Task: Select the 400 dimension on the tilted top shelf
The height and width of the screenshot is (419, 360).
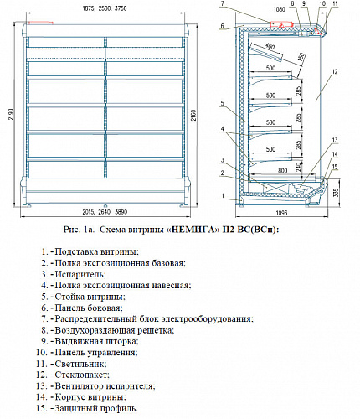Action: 270,45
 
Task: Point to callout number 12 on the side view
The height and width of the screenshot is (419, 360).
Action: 333,74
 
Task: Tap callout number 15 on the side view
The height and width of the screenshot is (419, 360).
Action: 335,167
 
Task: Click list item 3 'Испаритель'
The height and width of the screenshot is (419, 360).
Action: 78,274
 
